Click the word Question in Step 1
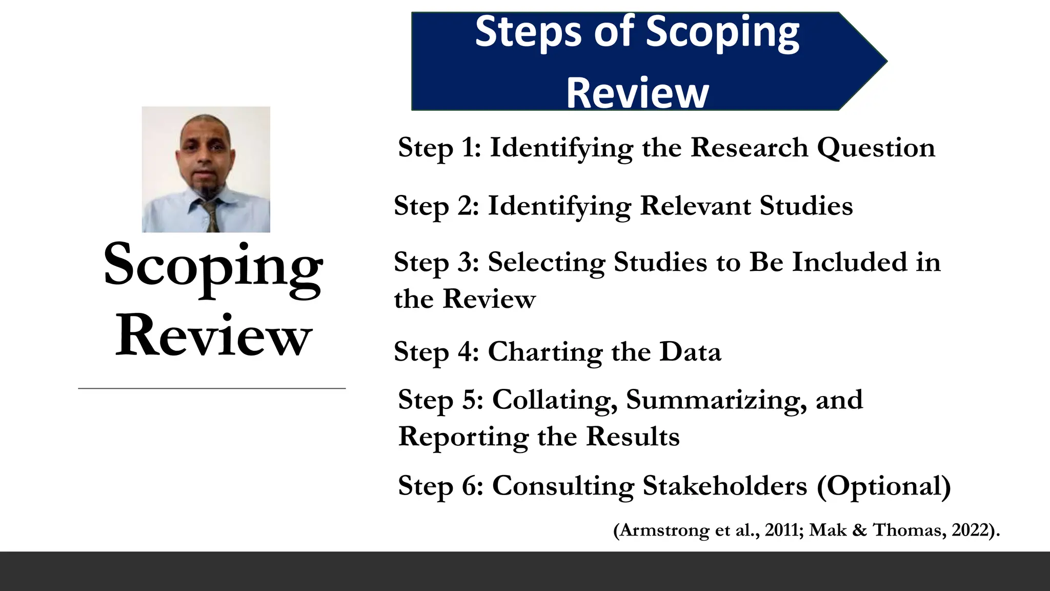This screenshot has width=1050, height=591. coord(876,148)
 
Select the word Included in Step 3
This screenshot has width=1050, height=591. coord(850,262)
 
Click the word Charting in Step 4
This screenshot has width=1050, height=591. coord(544,352)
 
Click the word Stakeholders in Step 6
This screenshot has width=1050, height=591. coord(724,486)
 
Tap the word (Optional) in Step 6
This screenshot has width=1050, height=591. coord(883,486)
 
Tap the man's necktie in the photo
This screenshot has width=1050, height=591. coord(211,215)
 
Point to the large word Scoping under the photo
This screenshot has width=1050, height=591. coord(213,267)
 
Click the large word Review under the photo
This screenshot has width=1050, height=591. coord(213,336)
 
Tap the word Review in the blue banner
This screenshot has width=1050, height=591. coord(637,93)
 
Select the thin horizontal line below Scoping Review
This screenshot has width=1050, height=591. coord(212,388)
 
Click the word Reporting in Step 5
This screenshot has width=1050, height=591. coord(463,438)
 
